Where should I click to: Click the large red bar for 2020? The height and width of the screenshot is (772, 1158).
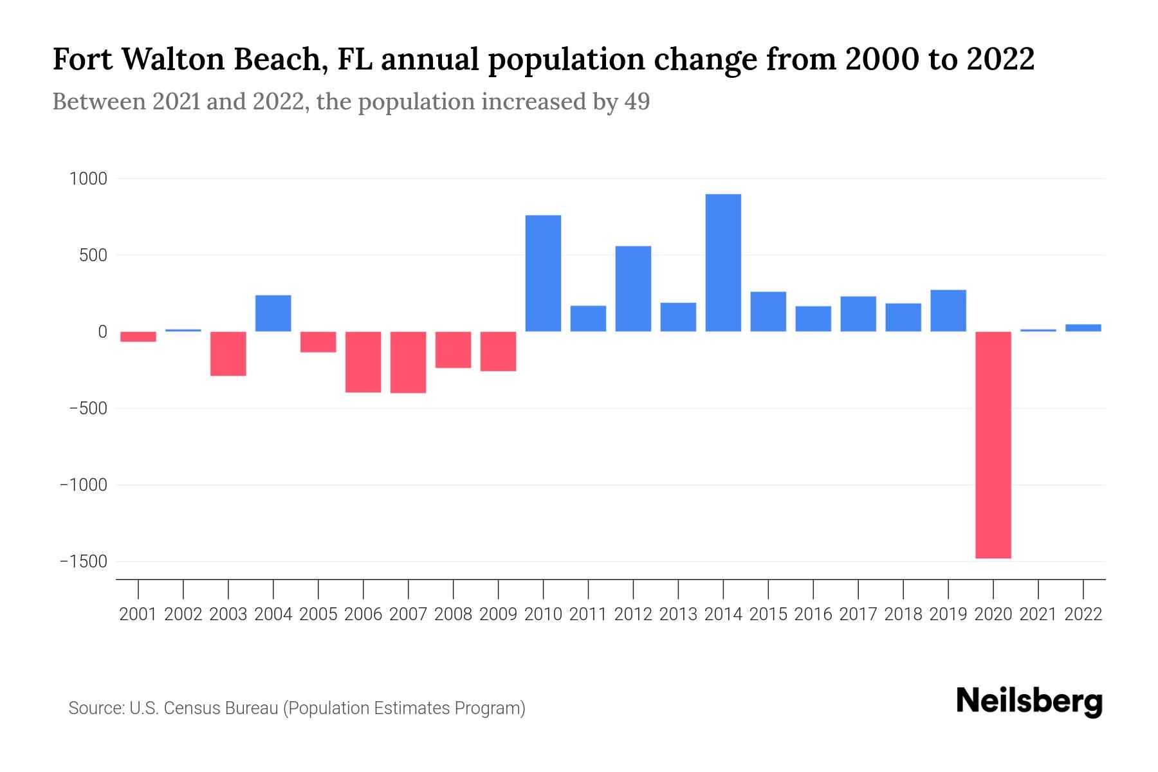click(x=993, y=445)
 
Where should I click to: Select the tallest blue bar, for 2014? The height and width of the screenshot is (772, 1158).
click(x=723, y=262)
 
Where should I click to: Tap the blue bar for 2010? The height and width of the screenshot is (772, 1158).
click(x=543, y=273)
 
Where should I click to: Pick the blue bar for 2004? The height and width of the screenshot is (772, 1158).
click(x=273, y=313)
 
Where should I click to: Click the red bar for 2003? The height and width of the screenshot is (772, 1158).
click(x=228, y=353)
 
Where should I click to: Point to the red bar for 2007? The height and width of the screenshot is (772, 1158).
click(x=408, y=362)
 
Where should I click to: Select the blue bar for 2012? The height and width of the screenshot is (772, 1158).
click(x=633, y=289)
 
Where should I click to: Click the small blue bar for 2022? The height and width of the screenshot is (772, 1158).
click(x=1083, y=327)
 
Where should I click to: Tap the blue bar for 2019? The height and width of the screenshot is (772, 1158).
click(x=948, y=311)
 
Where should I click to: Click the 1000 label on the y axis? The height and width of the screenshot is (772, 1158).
click(x=87, y=179)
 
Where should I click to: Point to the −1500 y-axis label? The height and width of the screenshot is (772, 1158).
click(x=83, y=562)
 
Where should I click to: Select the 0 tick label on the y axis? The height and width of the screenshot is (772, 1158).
click(x=102, y=332)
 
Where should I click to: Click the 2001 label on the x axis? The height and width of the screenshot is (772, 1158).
click(x=138, y=614)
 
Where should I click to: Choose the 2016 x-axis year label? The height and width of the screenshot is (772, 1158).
click(x=813, y=614)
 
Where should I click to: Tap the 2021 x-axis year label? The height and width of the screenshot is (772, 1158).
click(x=1038, y=614)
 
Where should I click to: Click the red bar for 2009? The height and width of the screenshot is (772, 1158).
click(x=498, y=351)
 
